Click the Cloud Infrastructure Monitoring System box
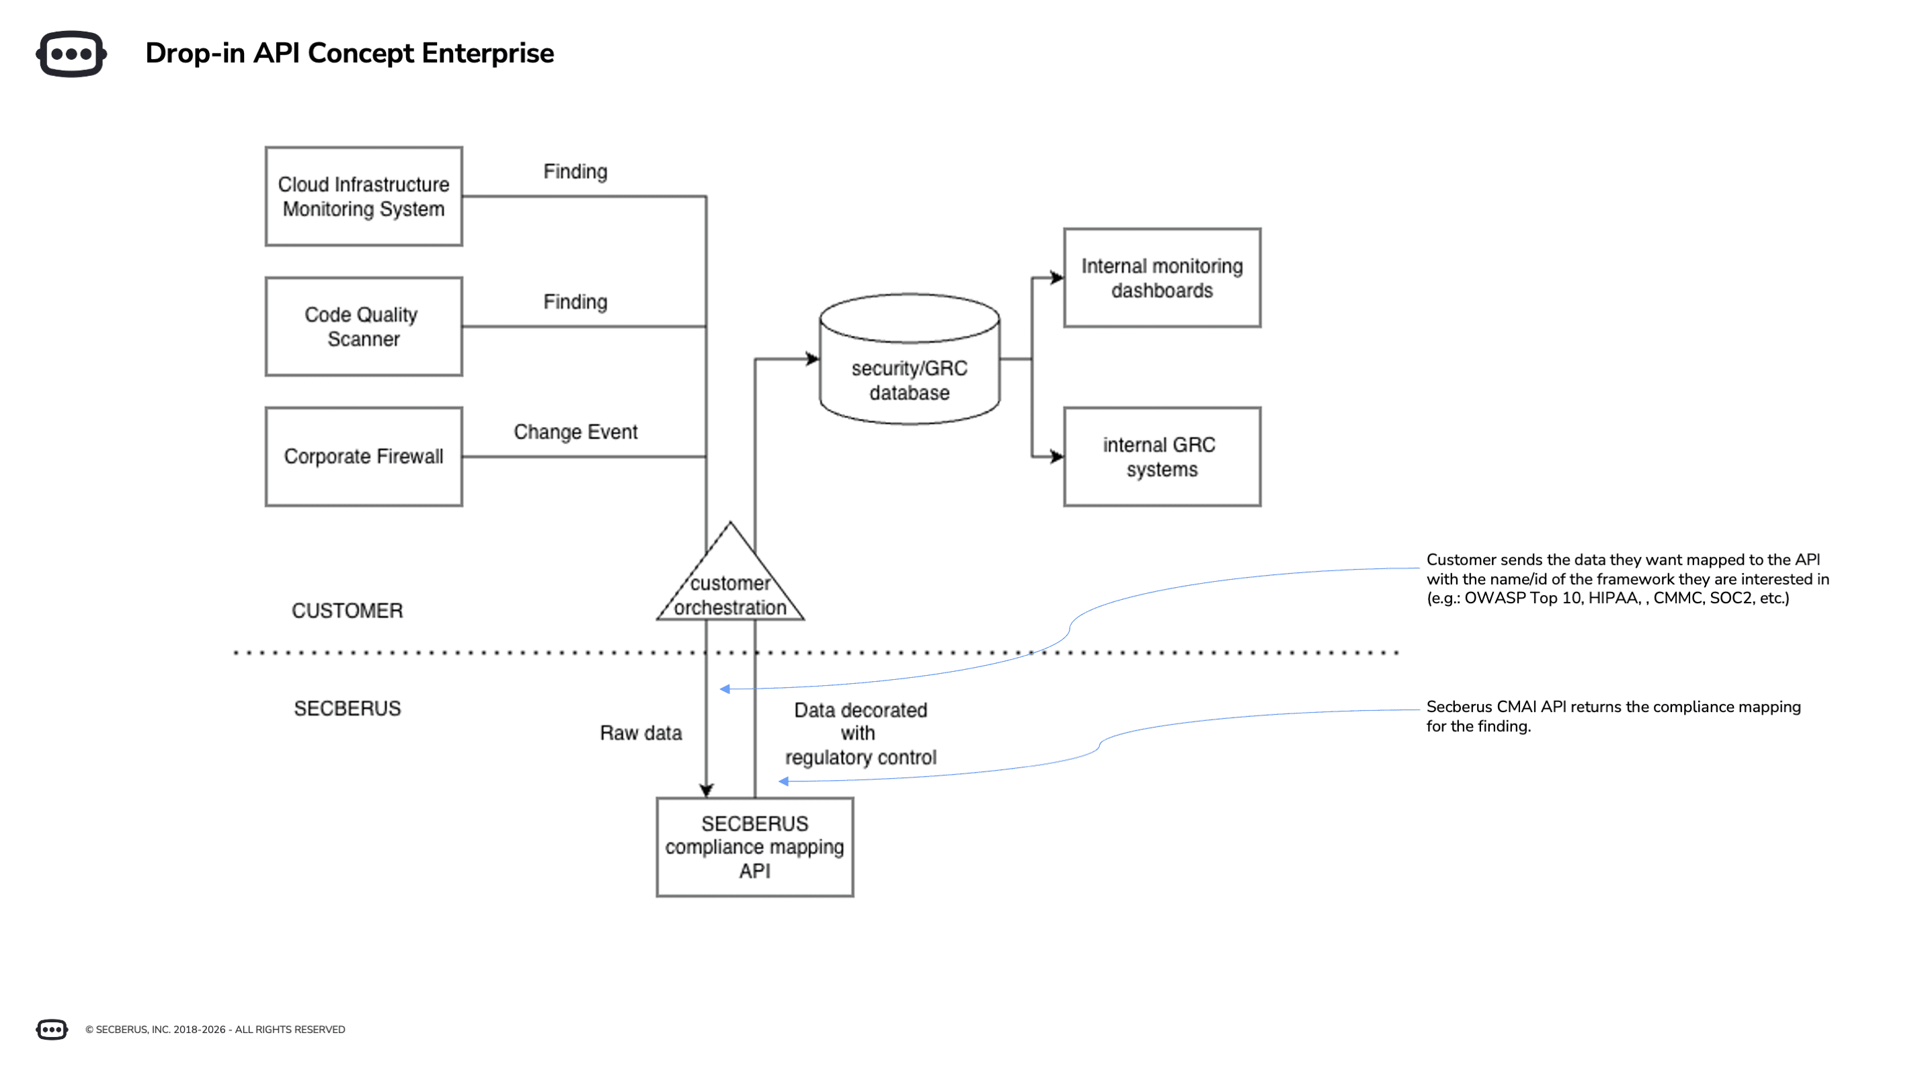pyautogui.click(x=364, y=196)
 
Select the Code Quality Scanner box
pyautogui.click(x=364, y=327)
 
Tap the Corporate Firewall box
pyautogui.click(x=364, y=457)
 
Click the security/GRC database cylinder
pyautogui.click(x=909, y=371)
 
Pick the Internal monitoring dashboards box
pyautogui.click(x=1162, y=278)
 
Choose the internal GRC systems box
pyautogui.click(x=1162, y=457)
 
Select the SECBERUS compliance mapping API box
pyautogui.click(x=754, y=847)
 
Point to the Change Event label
pyautogui.click(x=575, y=432)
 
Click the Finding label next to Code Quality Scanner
pyautogui.click(x=575, y=301)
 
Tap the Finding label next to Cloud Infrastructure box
pyautogui.click(x=575, y=171)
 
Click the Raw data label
pyautogui.click(x=641, y=733)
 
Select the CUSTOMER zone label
pyautogui.click(x=347, y=611)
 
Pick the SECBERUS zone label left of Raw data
pyautogui.click(x=347, y=708)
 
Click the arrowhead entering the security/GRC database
pyautogui.click(x=813, y=359)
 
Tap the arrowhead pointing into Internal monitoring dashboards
pyautogui.click(x=1058, y=278)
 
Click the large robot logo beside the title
pyautogui.click(x=71, y=54)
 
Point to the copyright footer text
pyautogui.click(x=215, y=1029)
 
